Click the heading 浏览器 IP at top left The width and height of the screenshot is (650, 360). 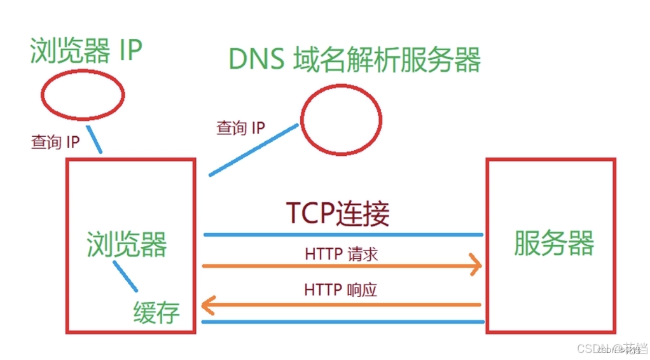(85, 51)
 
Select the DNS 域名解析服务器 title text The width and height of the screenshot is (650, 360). (354, 61)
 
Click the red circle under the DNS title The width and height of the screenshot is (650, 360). (341, 120)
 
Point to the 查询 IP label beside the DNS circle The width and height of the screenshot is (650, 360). (240, 128)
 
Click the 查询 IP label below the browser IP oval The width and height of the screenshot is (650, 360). (55, 142)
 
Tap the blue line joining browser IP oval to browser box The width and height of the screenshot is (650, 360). (94, 139)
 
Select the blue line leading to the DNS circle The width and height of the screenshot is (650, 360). (253, 150)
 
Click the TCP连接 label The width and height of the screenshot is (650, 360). (338, 214)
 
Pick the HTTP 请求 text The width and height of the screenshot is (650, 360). (342, 254)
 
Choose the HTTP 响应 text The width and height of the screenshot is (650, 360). (341, 290)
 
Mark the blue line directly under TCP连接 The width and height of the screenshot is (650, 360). (343, 235)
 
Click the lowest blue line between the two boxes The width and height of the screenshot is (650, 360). (343, 322)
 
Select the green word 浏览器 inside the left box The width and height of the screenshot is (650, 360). (127, 244)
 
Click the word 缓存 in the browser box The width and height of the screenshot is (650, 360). (156, 312)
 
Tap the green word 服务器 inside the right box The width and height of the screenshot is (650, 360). (553, 242)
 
